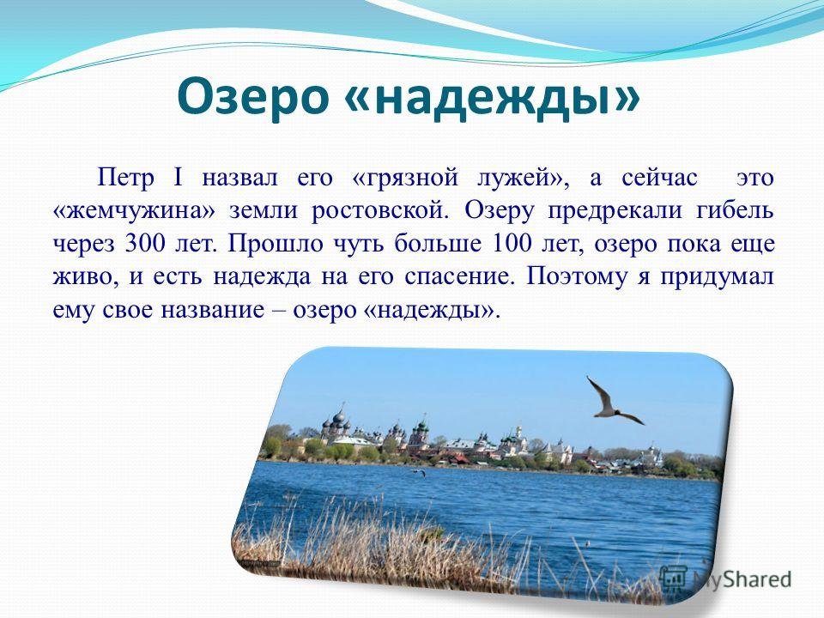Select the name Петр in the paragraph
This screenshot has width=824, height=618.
click(126, 178)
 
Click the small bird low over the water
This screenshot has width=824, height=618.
click(418, 472)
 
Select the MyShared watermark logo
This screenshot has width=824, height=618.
click(726, 579)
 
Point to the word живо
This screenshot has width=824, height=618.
click(88, 277)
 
